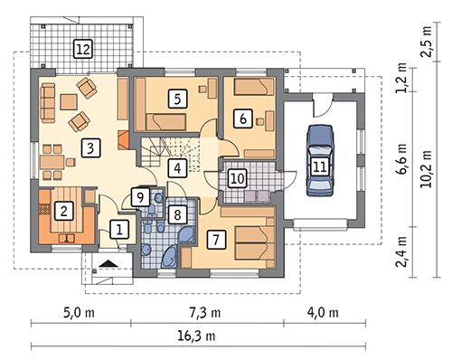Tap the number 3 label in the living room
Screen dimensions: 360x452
coord(89,148)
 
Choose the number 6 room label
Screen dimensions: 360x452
coord(241,118)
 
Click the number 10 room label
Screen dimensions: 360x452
coord(235,177)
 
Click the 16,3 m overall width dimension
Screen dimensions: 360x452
coord(207,336)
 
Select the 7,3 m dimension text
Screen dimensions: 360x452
coord(207,313)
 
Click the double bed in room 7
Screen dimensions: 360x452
coord(250,239)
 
